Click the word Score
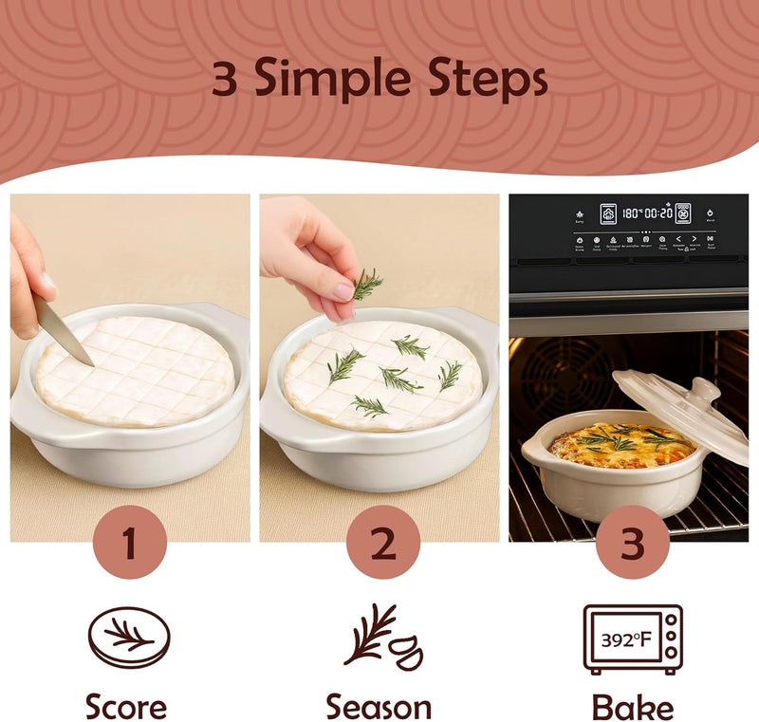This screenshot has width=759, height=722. point(126,706)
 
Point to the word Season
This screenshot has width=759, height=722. point(379,706)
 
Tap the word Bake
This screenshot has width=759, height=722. point(633,706)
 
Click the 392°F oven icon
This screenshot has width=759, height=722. point(632,639)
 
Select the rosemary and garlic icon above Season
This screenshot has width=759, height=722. point(381,636)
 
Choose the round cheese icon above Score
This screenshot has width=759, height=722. point(129,638)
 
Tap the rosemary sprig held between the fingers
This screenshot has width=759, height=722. point(366,283)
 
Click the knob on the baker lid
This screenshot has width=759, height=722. point(703,389)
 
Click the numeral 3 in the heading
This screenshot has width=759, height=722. point(224,81)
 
